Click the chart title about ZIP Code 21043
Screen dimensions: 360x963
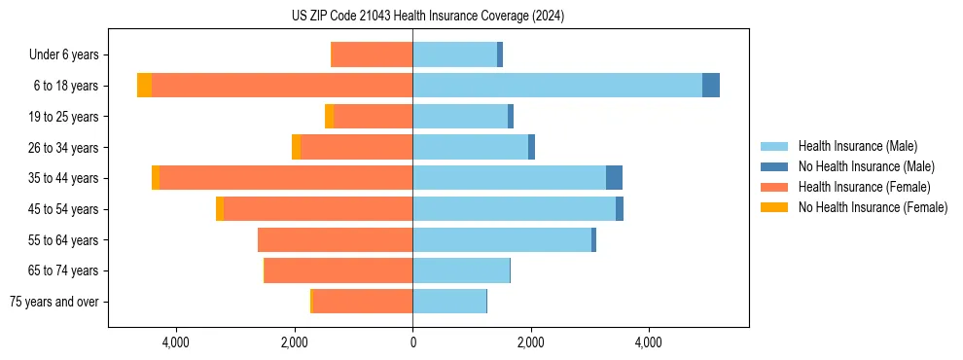(x=428, y=17)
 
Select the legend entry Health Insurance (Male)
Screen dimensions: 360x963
(x=857, y=146)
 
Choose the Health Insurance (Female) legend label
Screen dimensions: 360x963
(x=864, y=187)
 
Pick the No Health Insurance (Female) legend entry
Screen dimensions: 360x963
(x=873, y=207)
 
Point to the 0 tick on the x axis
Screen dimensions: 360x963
(x=412, y=342)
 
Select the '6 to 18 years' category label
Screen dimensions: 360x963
(x=65, y=86)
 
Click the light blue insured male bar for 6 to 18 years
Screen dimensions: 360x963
(x=556, y=86)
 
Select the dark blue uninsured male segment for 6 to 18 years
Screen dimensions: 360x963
(x=711, y=86)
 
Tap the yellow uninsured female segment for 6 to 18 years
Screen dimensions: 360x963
(x=144, y=86)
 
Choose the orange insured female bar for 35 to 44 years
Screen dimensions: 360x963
(x=286, y=178)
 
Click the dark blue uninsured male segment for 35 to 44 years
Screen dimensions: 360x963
(x=614, y=178)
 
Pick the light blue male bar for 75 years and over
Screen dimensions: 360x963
(x=449, y=302)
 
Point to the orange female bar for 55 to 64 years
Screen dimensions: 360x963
(x=336, y=239)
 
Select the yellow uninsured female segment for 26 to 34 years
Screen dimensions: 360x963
(x=296, y=147)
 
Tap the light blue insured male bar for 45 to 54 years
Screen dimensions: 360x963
(x=514, y=209)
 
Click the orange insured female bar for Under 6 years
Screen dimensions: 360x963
(x=373, y=54)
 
